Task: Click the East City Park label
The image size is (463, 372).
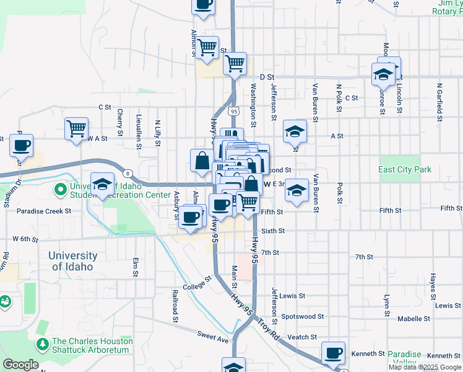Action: point(405,169)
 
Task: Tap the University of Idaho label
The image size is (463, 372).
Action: point(73,261)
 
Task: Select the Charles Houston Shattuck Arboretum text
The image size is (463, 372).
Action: point(92,345)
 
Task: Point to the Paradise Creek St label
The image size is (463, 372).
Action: point(45,211)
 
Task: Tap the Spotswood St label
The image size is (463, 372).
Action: point(303,316)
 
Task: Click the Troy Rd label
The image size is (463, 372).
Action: point(269,328)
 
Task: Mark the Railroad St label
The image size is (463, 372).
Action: point(175,306)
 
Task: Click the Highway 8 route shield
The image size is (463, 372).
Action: point(126,173)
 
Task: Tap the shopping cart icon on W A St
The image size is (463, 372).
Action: point(76,129)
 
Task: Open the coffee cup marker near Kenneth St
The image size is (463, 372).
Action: point(334,353)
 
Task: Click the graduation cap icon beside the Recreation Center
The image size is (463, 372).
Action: point(102,184)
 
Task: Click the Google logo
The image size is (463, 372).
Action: point(20,365)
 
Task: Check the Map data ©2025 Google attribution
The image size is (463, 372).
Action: point(425,367)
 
